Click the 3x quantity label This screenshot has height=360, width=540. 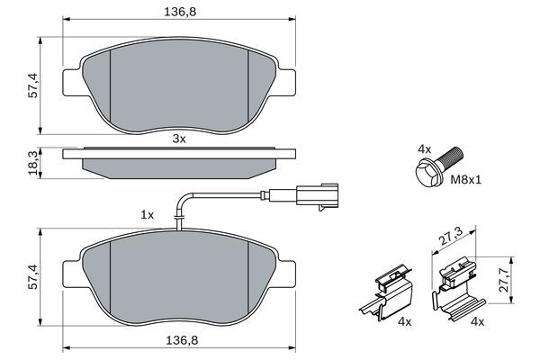(178, 139)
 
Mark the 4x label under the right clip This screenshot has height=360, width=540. (479, 321)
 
